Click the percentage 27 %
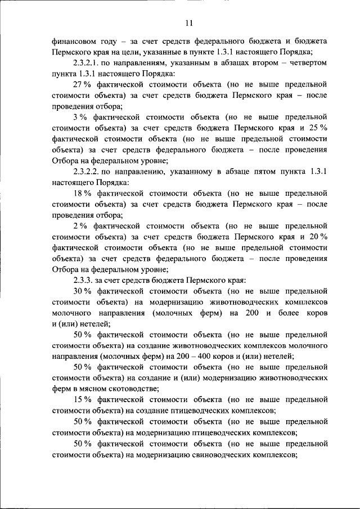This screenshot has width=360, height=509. coord(82,84)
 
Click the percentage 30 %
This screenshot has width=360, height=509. coord(82,291)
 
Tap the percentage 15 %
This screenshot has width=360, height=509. coord(82,400)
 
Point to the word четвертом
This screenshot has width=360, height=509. coord(307,62)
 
